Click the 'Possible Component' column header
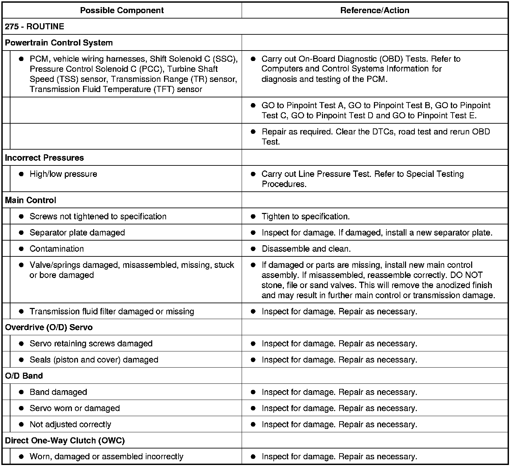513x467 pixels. click(x=122, y=10)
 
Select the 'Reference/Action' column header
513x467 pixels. click(x=375, y=10)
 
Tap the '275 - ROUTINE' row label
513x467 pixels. click(x=34, y=27)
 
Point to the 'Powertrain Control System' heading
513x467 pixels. click(x=59, y=43)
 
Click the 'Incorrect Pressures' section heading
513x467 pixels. click(x=44, y=158)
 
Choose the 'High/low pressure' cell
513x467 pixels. click(x=63, y=174)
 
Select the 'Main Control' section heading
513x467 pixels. click(x=30, y=200)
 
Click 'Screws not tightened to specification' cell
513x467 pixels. click(x=98, y=216)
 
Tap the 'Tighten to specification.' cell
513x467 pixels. click(x=305, y=216)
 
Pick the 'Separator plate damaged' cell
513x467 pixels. click(x=77, y=232)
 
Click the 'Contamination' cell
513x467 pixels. click(x=56, y=249)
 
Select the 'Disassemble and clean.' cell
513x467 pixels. click(x=306, y=249)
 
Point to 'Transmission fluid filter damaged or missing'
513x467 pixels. click(x=112, y=311)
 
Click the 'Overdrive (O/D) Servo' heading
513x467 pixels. click(x=49, y=327)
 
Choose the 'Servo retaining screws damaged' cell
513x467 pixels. click(x=91, y=344)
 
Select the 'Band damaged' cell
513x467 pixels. click(x=58, y=392)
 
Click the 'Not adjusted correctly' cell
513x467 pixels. click(x=70, y=425)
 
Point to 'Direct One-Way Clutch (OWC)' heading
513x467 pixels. click(x=65, y=440)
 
